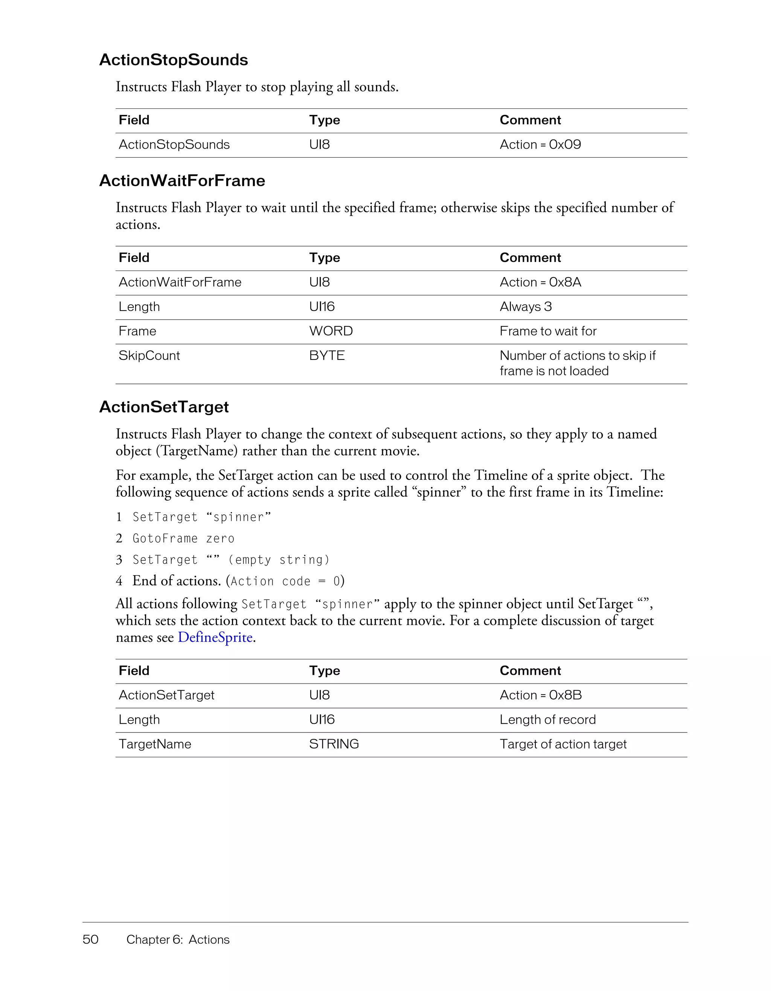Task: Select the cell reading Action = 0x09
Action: pos(540,145)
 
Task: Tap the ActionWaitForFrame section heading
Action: pos(182,181)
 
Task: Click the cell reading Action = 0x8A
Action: pos(540,282)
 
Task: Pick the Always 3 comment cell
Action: pos(526,307)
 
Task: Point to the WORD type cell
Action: pos(331,331)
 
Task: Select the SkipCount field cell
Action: pos(149,356)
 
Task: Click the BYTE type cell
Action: pos(327,356)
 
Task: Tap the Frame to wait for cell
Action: pos(548,331)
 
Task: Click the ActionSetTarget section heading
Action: pos(164,407)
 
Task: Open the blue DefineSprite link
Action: pos(215,638)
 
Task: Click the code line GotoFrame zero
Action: pos(183,539)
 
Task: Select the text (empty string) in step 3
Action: pos(279,560)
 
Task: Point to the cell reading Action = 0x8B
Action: pos(541,695)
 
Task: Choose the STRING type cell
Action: pos(334,744)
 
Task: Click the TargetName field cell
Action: pos(155,744)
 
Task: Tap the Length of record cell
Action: pos(547,720)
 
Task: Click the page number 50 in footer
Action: pos(90,939)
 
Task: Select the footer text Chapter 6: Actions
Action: pos(178,939)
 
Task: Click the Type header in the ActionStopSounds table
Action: pos(325,120)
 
